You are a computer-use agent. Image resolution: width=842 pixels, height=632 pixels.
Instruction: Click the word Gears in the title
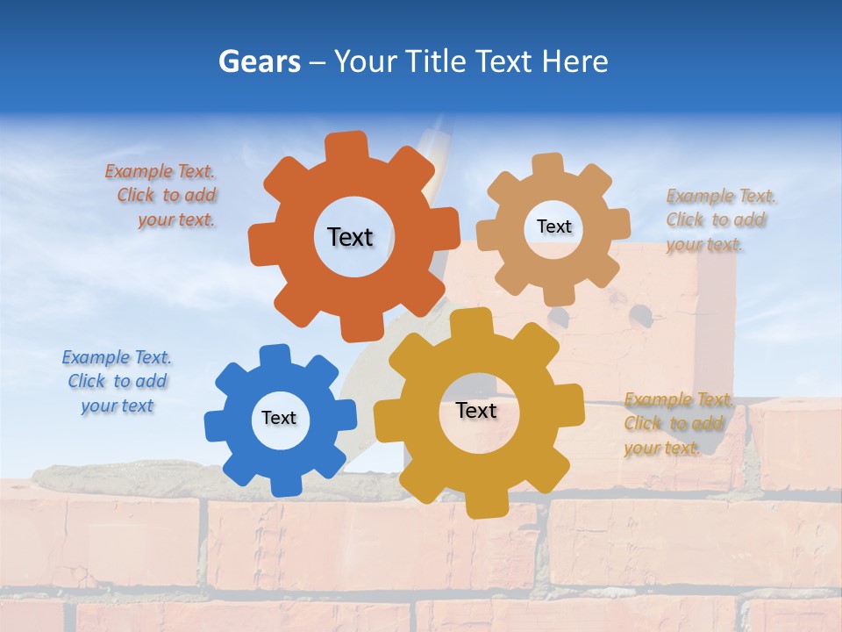[259, 61]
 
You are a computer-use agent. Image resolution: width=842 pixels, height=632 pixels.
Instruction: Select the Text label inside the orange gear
[350, 237]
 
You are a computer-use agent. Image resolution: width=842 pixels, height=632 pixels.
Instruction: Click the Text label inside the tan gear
[553, 226]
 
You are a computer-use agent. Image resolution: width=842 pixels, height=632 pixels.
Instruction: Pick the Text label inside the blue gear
[279, 418]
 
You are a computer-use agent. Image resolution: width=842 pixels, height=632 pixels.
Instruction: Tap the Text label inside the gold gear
[476, 410]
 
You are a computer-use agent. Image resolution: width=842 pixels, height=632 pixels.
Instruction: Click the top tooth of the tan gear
[547, 163]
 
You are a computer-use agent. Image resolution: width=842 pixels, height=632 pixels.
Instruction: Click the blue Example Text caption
[117, 381]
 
